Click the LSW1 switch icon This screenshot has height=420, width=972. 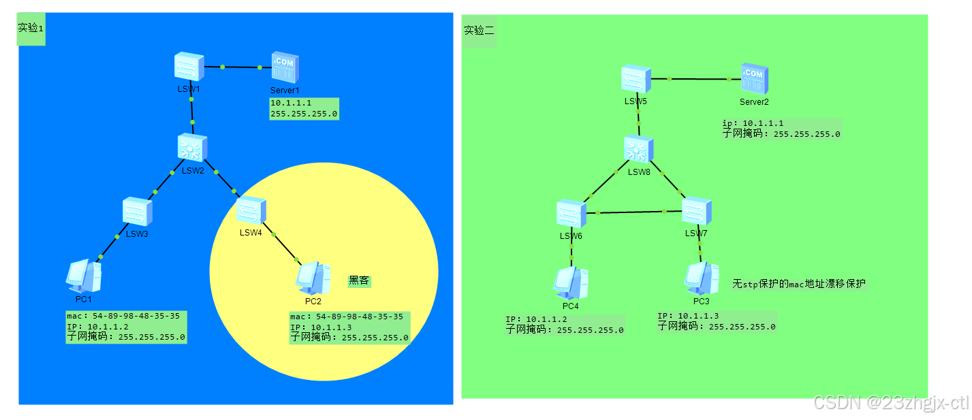coord(188,67)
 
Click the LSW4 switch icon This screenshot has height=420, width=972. coord(251,210)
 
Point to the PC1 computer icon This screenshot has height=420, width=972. coord(84,276)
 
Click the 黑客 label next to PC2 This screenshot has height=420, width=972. coord(359,280)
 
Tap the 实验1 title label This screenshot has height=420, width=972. coord(31,28)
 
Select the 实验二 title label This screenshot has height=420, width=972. coord(479,31)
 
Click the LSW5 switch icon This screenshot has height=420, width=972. coord(636,79)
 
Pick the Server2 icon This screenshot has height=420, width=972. coord(754,80)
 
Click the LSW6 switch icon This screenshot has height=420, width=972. coord(571,214)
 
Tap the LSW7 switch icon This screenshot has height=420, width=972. coord(697,212)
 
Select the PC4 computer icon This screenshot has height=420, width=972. coord(571,282)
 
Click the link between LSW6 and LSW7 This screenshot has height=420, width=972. coord(633,212)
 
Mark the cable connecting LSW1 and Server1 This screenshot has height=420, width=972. coord(241,67)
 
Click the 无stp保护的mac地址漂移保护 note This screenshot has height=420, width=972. coord(799,284)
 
